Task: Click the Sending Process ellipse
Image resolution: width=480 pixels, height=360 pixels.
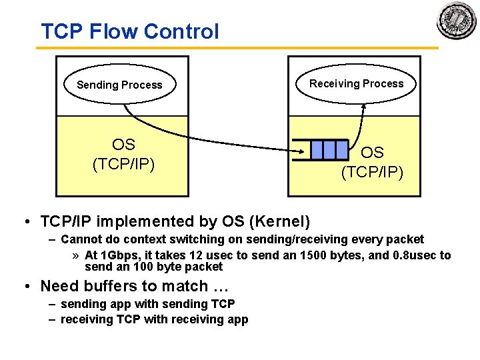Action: (x=119, y=85)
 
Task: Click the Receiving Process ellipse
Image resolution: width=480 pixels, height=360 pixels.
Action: (x=356, y=84)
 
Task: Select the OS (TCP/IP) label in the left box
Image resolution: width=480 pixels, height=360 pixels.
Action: (x=123, y=154)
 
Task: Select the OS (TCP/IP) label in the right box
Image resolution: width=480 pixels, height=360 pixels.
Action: (x=372, y=163)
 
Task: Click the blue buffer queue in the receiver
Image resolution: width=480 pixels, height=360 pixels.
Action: (x=329, y=149)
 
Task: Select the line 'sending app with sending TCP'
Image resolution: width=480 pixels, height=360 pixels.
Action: (x=147, y=304)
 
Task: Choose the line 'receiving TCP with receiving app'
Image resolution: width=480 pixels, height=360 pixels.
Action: (x=154, y=319)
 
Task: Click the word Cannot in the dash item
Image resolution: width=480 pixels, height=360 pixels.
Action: (x=79, y=239)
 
